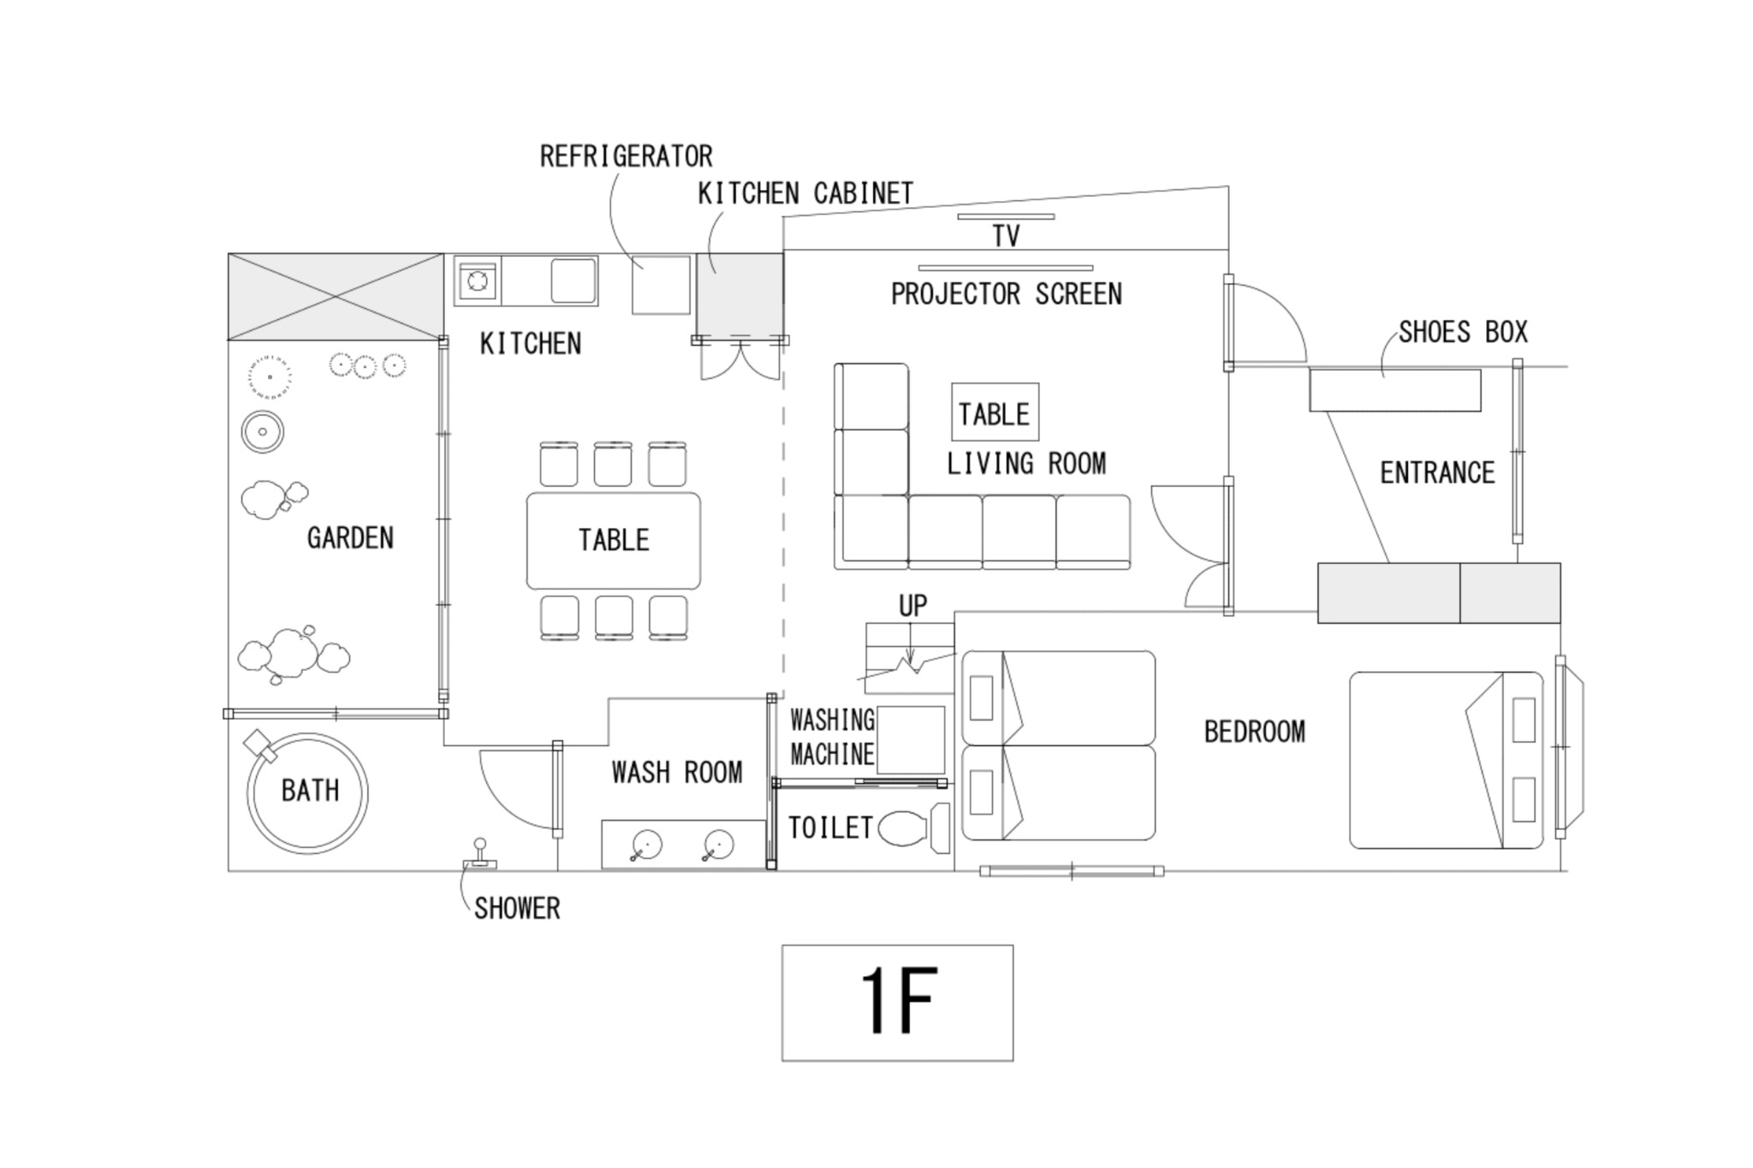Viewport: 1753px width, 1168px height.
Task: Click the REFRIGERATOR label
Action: click(x=626, y=157)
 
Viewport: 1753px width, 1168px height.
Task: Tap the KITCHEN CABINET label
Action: click(x=805, y=194)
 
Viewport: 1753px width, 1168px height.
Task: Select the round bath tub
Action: click(x=307, y=792)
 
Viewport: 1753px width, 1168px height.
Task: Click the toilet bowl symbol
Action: click(x=902, y=828)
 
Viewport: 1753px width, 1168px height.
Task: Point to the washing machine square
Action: click(x=911, y=739)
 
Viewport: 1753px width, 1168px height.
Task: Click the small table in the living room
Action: click(x=995, y=412)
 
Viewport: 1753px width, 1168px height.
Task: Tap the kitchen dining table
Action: click(x=613, y=540)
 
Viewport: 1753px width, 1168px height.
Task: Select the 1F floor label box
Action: click(x=897, y=1003)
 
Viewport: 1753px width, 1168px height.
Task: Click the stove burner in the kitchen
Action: click(x=478, y=280)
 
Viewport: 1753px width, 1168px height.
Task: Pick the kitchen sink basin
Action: click(x=573, y=280)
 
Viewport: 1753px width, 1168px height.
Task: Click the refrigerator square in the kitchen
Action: click(x=661, y=285)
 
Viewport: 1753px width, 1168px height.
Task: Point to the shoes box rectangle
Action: click(x=1394, y=390)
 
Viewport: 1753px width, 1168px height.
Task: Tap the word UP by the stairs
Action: click(x=912, y=606)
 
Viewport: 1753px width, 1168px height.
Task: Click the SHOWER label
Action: click(x=517, y=908)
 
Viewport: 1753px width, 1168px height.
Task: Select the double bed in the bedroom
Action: click(x=1446, y=760)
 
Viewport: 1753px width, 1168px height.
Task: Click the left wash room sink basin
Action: click(x=646, y=845)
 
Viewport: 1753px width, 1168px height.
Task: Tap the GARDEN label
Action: click(x=350, y=538)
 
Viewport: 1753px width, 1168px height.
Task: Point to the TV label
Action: click(x=1006, y=236)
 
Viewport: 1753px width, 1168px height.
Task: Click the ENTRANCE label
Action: click(x=1437, y=472)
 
